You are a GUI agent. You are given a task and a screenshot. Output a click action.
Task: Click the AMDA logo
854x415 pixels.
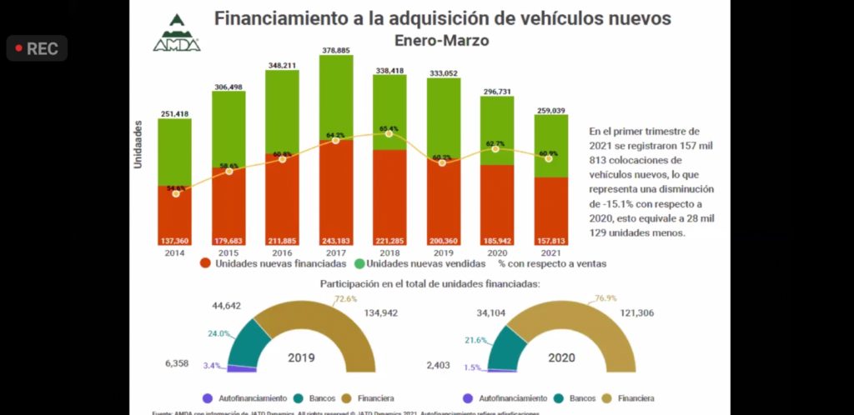click(177, 33)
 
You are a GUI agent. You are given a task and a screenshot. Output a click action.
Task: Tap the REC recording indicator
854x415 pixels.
click(37, 48)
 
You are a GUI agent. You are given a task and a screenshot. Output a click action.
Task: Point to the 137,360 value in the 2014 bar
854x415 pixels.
click(174, 241)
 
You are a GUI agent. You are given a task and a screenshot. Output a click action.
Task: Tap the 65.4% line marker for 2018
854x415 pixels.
click(389, 134)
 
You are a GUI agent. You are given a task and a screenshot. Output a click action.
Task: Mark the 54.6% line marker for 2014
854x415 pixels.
click(175, 193)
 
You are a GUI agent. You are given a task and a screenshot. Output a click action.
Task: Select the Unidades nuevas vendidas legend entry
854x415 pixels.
click(417, 263)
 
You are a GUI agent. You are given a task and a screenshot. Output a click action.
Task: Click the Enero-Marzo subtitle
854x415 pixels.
click(442, 39)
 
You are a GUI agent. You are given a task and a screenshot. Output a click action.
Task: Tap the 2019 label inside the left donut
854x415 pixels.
click(302, 357)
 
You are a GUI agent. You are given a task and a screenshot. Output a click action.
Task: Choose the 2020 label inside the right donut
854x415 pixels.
click(560, 357)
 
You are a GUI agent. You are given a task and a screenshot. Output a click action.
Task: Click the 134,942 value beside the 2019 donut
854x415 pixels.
click(403, 314)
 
